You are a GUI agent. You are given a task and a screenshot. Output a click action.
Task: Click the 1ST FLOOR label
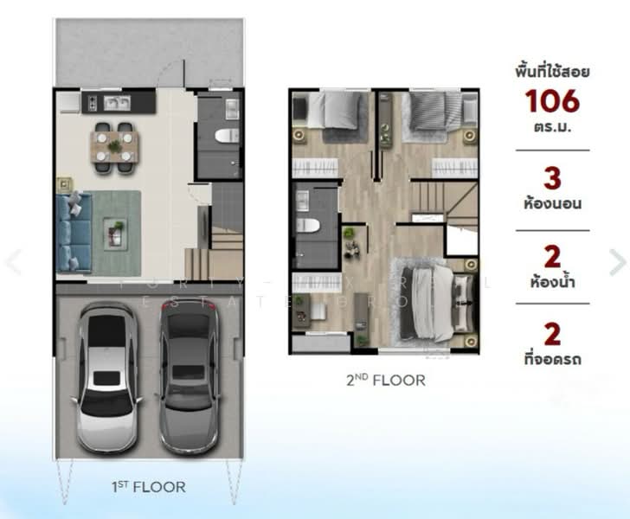147,487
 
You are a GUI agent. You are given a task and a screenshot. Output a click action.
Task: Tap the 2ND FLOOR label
387,380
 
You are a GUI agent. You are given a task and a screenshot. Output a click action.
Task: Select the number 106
551,102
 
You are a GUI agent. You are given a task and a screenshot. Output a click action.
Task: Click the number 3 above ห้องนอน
552,179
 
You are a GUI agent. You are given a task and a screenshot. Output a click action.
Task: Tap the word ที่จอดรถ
552,358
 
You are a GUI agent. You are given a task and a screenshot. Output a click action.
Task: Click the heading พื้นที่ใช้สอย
552,71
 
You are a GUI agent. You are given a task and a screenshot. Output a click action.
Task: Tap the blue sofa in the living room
73,232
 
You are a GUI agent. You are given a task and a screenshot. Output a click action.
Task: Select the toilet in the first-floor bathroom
226,136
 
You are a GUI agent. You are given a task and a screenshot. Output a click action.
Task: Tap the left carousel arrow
12,262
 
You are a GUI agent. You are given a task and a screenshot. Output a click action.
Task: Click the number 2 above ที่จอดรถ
552,333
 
